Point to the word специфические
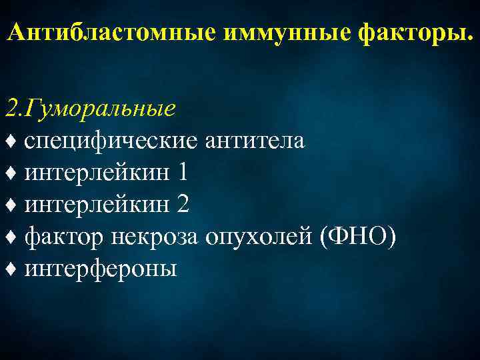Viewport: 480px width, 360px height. [111, 141]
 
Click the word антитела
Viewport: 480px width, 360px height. [256, 141]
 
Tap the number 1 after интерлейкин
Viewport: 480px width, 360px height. [183, 173]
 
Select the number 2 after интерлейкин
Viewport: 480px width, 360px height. [183, 205]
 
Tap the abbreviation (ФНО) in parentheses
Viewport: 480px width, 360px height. [359, 236]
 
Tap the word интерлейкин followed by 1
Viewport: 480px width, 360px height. [97, 173]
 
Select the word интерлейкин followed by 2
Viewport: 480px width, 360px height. [97, 205]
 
